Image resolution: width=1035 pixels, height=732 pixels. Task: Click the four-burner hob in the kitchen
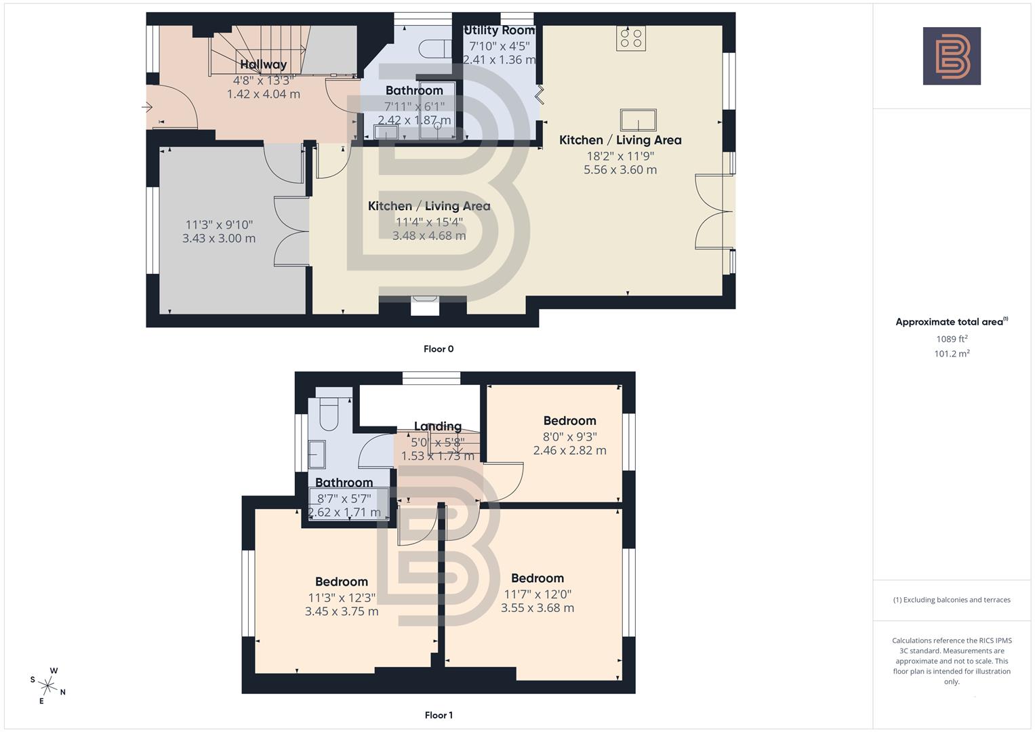[x=631, y=38]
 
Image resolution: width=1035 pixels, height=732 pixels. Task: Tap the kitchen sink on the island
[x=638, y=120]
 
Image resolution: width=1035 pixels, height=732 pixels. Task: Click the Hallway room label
[x=264, y=64]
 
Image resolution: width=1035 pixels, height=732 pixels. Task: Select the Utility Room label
[x=500, y=30]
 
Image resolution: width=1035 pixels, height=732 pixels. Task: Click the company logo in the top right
[x=952, y=56]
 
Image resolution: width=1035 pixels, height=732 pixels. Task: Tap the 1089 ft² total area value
[x=952, y=339]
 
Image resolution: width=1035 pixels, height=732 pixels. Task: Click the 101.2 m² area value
[x=952, y=354]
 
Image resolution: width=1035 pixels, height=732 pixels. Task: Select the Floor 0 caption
[x=439, y=349]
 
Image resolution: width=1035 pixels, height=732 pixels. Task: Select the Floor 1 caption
[x=439, y=715]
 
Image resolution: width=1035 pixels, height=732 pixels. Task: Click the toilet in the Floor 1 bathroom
[x=329, y=413]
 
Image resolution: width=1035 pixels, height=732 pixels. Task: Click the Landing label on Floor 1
[x=438, y=426]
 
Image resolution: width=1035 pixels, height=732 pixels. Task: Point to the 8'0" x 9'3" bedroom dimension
[x=569, y=436]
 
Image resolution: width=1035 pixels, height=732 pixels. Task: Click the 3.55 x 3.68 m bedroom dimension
[x=537, y=608]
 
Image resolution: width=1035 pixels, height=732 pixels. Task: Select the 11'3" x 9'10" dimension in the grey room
[x=219, y=224]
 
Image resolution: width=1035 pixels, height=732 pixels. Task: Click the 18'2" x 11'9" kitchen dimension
[x=620, y=155]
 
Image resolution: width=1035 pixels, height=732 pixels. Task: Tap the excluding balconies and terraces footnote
[x=952, y=600]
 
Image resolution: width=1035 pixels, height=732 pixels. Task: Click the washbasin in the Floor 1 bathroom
[x=317, y=454]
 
